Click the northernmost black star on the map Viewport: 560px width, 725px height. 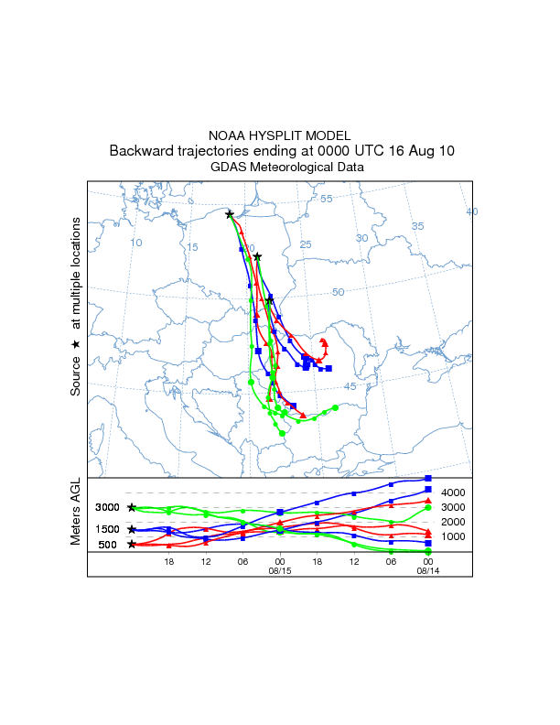pyautogui.click(x=230, y=214)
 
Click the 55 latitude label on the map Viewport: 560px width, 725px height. pyautogui.click(x=327, y=199)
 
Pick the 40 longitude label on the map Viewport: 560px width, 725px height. pyautogui.click(x=472, y=211)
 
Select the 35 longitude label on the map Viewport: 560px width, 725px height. pyautogui.click(x=417, y=226)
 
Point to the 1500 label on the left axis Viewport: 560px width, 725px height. pyautogui.click(x=108, y=529)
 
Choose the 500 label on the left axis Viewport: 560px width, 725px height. pyautogui.click(x=108, y=545)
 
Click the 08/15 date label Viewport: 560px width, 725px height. pyautogui.click(x=279, y=570)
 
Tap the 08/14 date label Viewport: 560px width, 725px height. pyautogui.click(x=427, y=570)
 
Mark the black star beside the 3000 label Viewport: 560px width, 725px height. pyautogui.click(x=132, y=507)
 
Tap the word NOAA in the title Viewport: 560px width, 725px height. pyautogui.click(x=226, y=135)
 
